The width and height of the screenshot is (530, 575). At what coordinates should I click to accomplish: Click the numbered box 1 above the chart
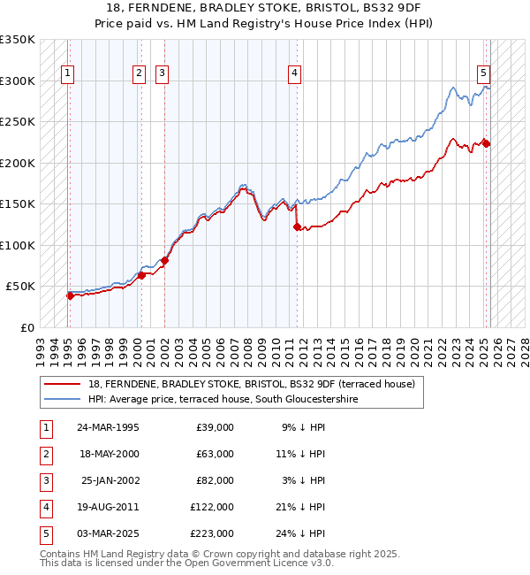click(x=68, y=73)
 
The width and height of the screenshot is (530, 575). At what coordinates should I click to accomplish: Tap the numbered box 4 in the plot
click(x=293, y=73)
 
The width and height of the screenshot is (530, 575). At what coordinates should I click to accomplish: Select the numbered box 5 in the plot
click(x=484, y=73)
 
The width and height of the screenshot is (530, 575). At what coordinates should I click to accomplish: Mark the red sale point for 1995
click(x=70, y=295)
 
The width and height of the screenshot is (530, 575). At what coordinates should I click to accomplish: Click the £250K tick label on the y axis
click(x=18, y=122)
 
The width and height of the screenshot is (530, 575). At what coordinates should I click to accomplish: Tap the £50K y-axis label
click(x=20, y=287)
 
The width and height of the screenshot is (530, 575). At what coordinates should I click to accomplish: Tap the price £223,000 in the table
click(x=212, y=533)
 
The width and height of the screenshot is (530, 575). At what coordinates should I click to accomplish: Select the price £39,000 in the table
click(x=215, y=427)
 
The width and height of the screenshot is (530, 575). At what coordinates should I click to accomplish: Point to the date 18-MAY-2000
click(x=108, y=454)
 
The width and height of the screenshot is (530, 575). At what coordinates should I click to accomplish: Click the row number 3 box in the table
click(x=44, y=480)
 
